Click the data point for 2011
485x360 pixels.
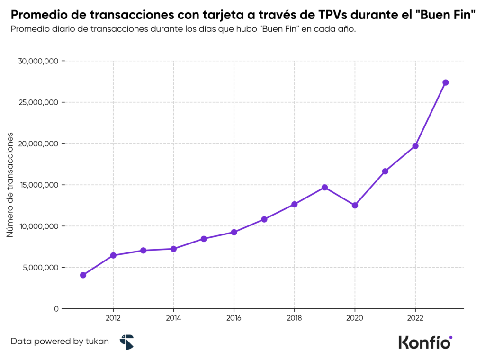coord(83,275)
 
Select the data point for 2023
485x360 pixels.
coord(446,82)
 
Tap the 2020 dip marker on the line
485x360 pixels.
coord(355,206)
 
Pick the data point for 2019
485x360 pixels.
coord(324,188)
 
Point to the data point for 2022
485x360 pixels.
coord(415,146)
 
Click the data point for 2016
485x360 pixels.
coord(234,232)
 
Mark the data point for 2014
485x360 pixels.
coord(173,249)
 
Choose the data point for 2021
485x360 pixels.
coord(385,171)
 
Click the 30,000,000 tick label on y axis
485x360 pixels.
coord(38,61)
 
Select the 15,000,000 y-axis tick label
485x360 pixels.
coord(38,185)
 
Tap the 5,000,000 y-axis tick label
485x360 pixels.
coord(40,267)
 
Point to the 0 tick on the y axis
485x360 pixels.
coord(56,309)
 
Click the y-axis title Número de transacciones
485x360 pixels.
coord(9,185)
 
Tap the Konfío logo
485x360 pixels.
coord(425,342)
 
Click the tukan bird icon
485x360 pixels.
coord(126,342)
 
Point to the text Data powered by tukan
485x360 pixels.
coord(60,341)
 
